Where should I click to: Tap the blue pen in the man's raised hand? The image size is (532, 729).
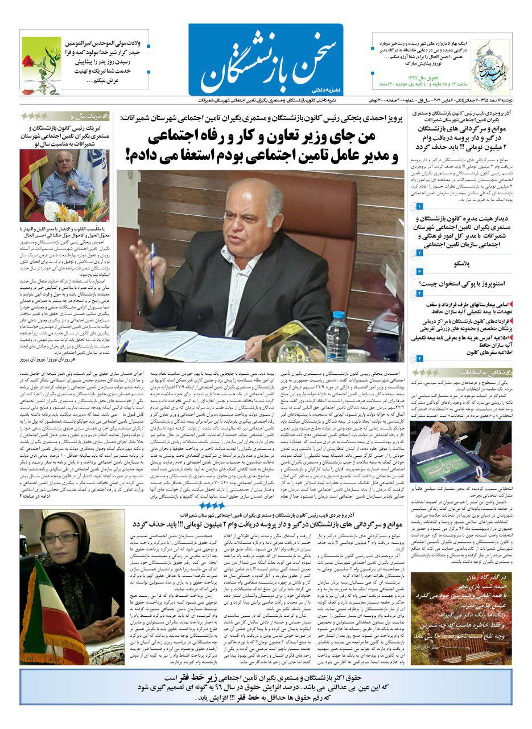click(152, 267)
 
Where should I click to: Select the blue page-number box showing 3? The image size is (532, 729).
click(420, 272)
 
